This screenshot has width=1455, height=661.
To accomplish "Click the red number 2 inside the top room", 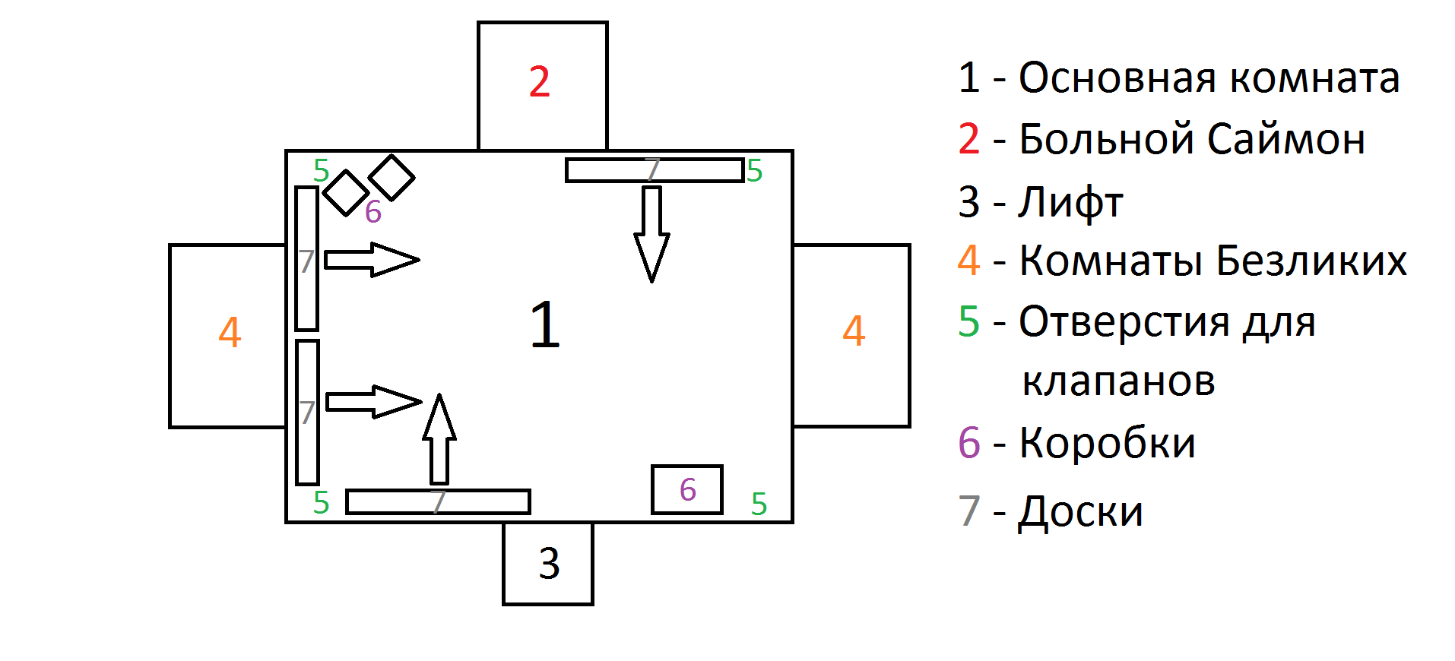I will tap(539, 82).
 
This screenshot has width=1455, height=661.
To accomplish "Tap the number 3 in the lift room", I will tap(549, 564).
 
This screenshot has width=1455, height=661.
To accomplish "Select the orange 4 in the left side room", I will tap(230, 333).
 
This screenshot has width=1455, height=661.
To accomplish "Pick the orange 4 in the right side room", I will tap(854, 331).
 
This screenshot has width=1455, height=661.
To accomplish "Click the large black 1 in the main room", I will tap(545, 324).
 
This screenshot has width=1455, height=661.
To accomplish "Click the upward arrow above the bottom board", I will tap(439, 440).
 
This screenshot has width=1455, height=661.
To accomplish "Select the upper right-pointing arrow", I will tap(372, 260).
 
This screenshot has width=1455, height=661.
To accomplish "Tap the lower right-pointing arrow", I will tap(373, 402).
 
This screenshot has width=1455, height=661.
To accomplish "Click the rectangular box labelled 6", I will tap(687, 489).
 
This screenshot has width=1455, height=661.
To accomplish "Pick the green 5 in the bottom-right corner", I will tap(759, 504).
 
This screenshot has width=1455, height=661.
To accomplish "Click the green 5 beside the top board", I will tap(754, 172).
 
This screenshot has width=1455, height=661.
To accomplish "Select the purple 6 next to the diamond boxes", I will tap(372, 212).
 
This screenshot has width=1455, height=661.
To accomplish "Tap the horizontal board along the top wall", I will tap(654, 170).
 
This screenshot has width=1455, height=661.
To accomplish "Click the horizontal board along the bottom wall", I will tap(438, 502).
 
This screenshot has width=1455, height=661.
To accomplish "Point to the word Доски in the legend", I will tap(1080, 511).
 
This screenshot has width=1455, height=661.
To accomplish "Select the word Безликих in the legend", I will tap(1311, 261).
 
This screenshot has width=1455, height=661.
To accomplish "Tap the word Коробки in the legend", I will tap(1108, 443).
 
